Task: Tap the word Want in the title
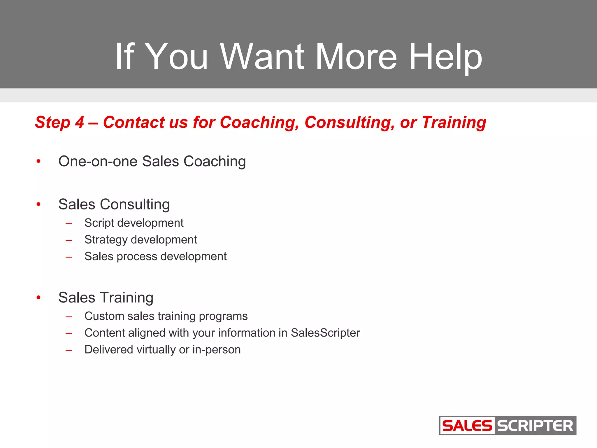click(262, 56)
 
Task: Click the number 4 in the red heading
click(79, 122)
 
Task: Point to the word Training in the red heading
click(454, 122)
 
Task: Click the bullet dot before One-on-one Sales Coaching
click(38, 161)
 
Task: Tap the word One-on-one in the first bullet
click(98, 161)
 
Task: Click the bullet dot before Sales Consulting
click(38, 204)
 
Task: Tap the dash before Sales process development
click(69, 257)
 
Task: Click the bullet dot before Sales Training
click(38, 297)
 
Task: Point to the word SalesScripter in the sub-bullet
click(325, 333)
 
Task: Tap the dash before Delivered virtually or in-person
click(69, 350)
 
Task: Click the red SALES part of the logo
click(467, 426)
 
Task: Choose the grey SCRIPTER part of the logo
click(535, 426)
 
